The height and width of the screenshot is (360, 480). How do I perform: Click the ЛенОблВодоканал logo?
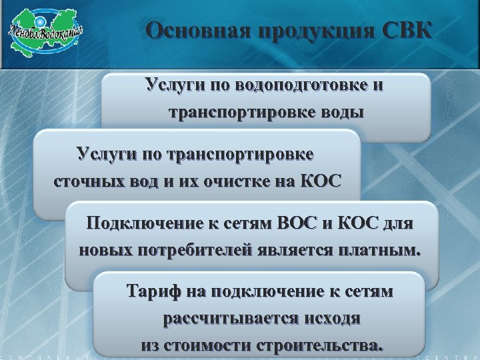(x=46, y=32)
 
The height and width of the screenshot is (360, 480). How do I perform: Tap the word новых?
(x=106, y=251)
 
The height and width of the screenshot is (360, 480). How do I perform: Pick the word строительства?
(x=323, y=346)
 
